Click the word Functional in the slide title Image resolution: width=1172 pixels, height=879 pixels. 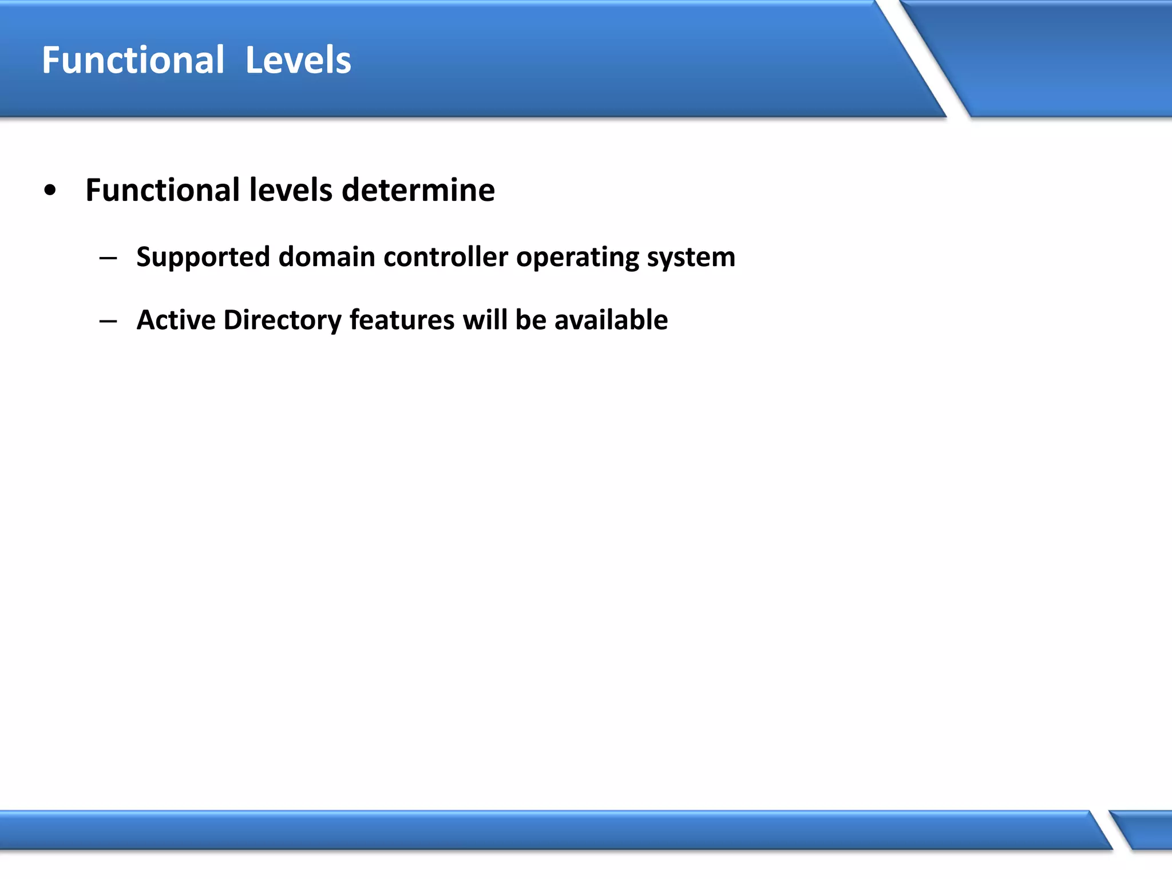(x=133, y=60)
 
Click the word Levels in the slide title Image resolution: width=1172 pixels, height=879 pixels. (x=298, y=60)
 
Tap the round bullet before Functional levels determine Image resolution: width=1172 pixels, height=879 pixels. (x=50, y=191)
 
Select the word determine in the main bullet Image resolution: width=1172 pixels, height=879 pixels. (x=418, y=190)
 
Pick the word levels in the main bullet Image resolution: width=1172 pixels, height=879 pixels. (x=291, y=190)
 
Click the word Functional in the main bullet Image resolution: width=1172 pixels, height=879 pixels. (x=163, y=190)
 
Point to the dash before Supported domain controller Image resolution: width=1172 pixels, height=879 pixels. (x=108, y=258)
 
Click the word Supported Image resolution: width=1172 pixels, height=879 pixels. (x=203, y=257)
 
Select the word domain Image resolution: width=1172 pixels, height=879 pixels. (x=326, y=257)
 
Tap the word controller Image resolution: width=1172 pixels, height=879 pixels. (x=446, y=257)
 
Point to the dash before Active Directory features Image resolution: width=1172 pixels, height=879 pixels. (x=108, y=320)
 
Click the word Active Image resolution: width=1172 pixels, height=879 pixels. (x=176, y=320)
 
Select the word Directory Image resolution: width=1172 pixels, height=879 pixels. (x=282, y=320)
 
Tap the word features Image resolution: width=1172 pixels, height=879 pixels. (x=402, y=320)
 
